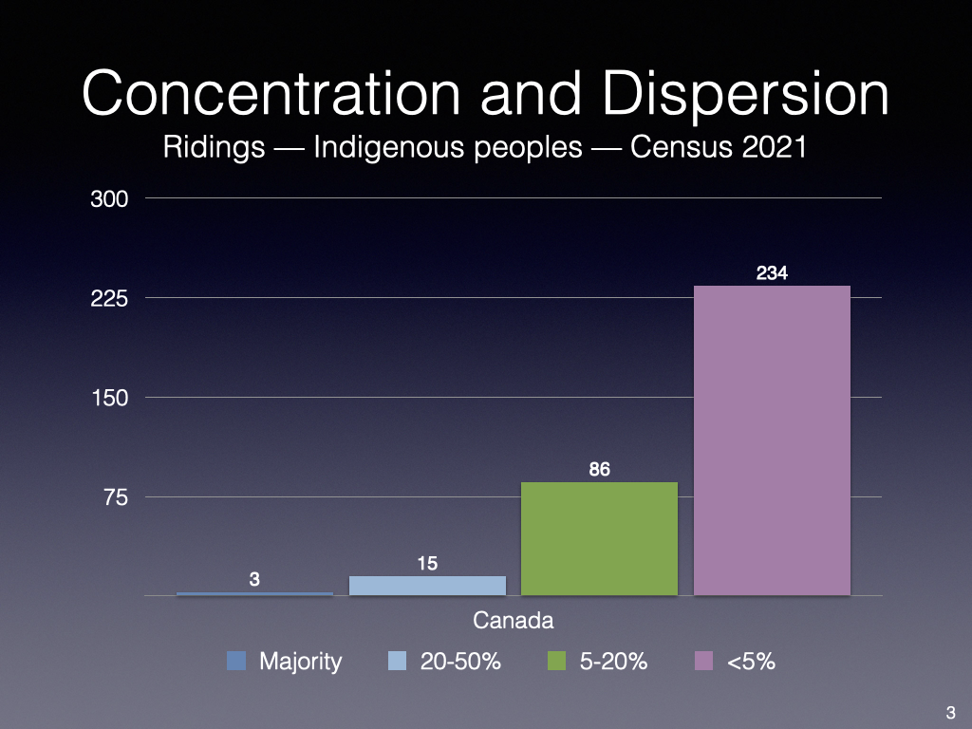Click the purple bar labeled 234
tap(772, 440)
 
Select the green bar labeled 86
tap(599, 538)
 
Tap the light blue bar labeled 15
tap(427, 586)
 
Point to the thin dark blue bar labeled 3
tap(254, 593)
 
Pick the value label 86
tap(599, 469)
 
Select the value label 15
tap(427, 564)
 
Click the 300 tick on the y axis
tap(110, 199)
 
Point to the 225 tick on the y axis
tap(110, 298)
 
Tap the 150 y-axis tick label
tap(110, 398)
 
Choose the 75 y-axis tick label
tap(116, 497)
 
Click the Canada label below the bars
tap(513, 622)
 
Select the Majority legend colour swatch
tap(236, 661)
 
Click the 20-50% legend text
tap(459, 662)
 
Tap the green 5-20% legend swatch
tap(557, 661)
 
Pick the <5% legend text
tap(750, 662)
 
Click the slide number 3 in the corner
tap(950, 713)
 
